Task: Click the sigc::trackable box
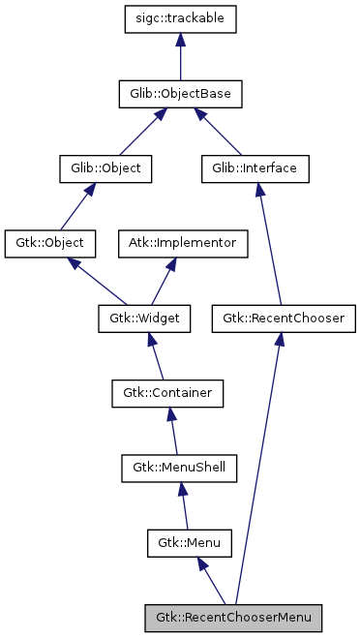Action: click(180, 19)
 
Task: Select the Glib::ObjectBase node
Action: click(180, 94)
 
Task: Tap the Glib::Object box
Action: click(100, 167)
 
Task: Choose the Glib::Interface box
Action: click(255, 167)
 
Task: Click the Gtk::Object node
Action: click(45, 242)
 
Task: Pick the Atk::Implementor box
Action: click(183, 242)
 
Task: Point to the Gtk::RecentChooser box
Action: click(283, 317)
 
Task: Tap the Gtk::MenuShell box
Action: click(179, 467)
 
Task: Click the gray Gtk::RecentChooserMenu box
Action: click(232, 616)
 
